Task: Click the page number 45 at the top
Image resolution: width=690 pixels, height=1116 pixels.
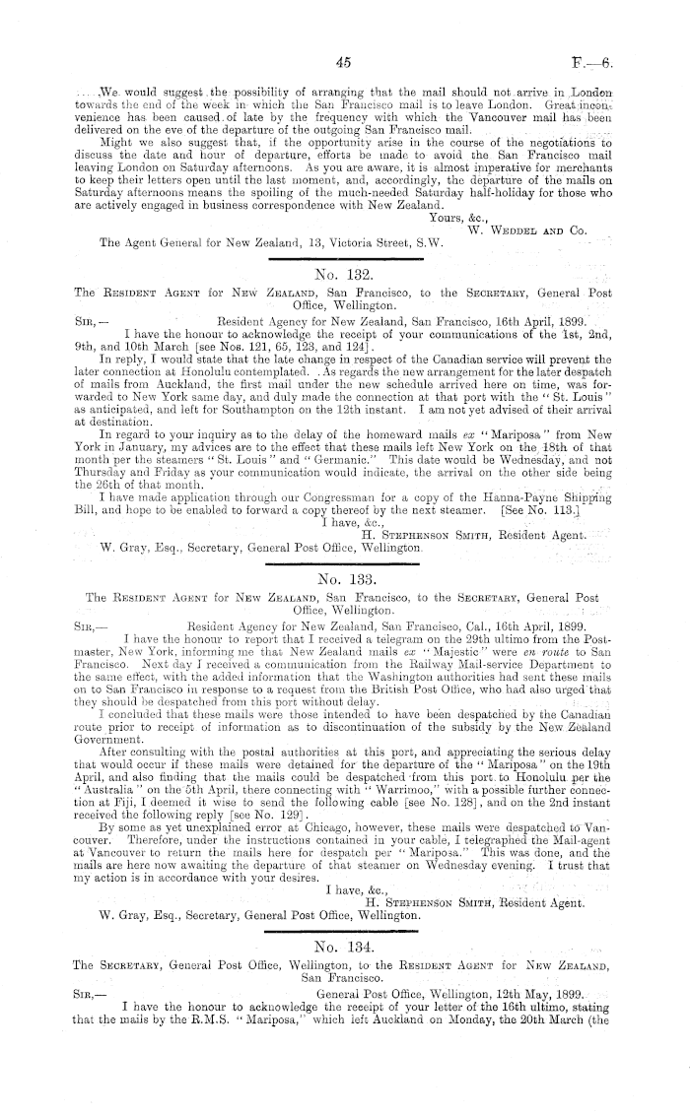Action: pos(344,63)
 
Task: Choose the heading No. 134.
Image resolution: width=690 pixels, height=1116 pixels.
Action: pos(344,941)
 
